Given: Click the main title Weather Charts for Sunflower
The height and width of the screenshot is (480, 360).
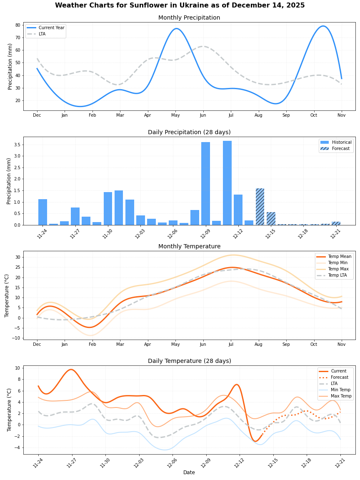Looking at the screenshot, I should coord(180,5).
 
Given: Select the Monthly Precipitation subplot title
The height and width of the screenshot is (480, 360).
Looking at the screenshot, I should coord(189,17).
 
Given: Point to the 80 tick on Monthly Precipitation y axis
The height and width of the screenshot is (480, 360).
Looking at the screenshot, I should coord(18,25).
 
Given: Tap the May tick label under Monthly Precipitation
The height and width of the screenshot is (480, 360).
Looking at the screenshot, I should coord(175,115).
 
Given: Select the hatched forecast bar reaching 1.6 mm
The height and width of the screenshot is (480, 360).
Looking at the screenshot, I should coord(260,207).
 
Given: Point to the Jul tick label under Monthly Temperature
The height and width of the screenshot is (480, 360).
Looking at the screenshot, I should coord(231,345).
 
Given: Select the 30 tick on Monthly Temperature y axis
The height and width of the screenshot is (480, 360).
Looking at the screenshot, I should coord(18,257).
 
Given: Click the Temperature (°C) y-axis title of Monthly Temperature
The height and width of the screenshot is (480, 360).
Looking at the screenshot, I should coord(7,295).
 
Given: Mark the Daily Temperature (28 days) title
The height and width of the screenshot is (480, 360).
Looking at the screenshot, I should coord(189,361).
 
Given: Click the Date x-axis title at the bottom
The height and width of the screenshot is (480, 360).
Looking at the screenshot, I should coord(189,472).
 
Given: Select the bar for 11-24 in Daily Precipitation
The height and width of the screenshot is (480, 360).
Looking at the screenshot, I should coord(42,212).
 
